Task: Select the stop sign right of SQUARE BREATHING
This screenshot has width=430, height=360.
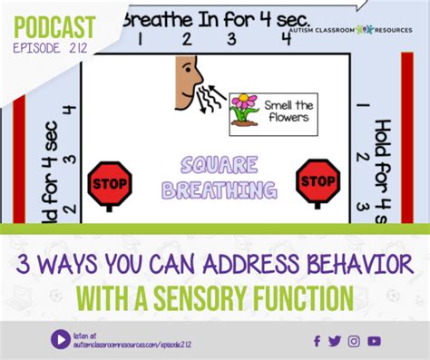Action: (318, 180)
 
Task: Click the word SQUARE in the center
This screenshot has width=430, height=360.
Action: (215, 167)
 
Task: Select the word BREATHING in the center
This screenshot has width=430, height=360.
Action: (215, 190)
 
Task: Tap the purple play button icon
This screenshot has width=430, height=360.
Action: (61, 339)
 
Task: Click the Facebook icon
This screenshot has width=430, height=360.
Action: (317, 341)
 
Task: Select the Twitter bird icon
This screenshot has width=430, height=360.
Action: (335, 341)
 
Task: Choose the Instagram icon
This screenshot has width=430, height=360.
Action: (354, 341)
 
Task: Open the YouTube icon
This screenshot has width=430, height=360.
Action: (374, 341)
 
